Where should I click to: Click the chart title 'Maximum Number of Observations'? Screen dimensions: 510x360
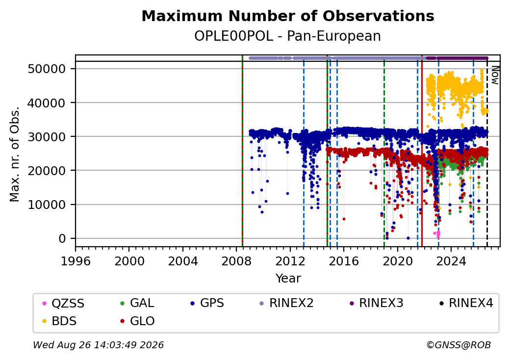tap(288, 16)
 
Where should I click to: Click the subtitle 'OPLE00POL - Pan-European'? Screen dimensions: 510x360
tap(287, 36)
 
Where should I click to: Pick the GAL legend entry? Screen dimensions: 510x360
tap(137, 303)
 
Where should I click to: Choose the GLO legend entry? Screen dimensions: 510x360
tap(137, 321)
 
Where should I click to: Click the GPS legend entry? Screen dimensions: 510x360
tap(207, 303)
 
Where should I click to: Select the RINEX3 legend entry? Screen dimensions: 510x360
tap(376, 303)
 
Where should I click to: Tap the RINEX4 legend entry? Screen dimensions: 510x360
tap(466, 303)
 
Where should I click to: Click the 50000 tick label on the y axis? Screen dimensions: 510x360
tap(47, 69)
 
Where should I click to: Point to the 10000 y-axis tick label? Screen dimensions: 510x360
tap(47, 205)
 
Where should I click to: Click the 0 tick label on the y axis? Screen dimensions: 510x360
tap(62, 239)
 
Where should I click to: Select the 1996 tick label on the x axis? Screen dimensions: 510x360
tap(76, 261)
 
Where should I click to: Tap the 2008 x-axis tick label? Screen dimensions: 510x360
tap(236, 261)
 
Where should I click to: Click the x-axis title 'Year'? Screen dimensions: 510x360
tap(288, 279)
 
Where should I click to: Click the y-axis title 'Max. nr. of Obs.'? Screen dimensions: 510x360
tap(15, 154)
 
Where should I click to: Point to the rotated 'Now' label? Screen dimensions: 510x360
tap(495, 75)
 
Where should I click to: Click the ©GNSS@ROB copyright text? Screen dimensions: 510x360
tap(459, 345)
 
